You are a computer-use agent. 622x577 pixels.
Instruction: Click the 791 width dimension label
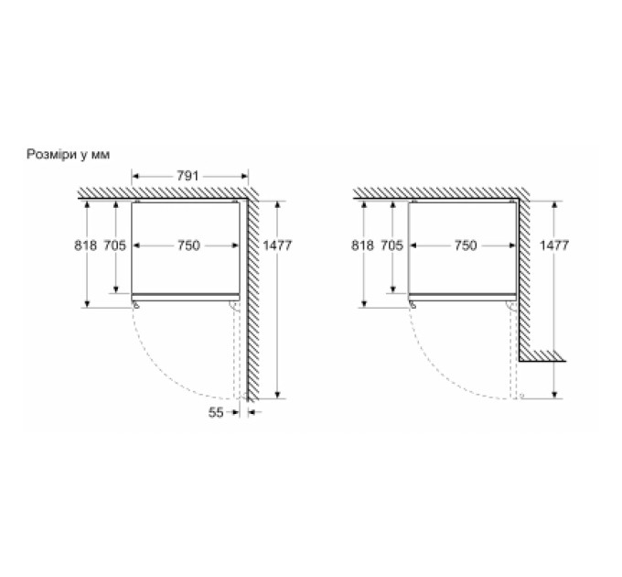(x=188, y=176)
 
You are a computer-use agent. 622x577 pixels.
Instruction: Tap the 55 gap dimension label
(x=216, y=412)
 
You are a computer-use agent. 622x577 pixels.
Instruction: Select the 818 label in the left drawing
(x=85, y=245)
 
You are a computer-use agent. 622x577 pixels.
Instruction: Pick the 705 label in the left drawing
(x=114, y=245)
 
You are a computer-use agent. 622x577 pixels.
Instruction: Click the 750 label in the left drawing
(x=188, y=245)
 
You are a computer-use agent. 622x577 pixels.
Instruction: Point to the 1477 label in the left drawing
(x=277, y=245)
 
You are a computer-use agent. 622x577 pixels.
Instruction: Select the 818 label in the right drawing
(x=362, y=245)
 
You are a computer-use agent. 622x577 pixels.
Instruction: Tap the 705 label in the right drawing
(x=391, y=245)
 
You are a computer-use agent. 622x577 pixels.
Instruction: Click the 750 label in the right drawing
(x=466, y=245)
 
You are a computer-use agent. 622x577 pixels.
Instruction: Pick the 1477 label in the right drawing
(x=554, y=245)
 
